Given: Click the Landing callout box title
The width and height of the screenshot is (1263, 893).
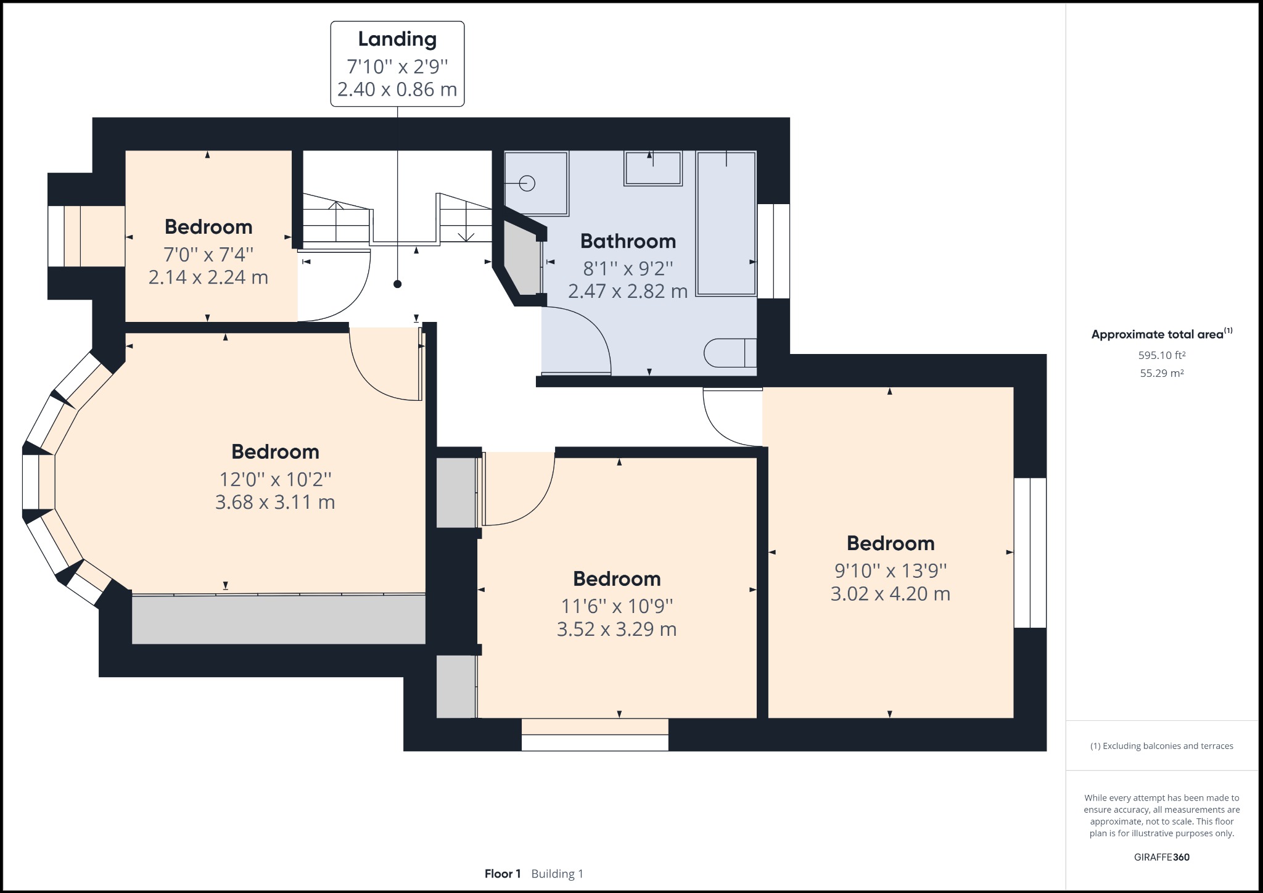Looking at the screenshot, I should pos(397,39).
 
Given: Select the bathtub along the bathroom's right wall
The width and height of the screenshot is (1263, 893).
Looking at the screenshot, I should pos(726,223).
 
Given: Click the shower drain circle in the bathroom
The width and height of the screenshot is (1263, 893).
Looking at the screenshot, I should pos(527,183).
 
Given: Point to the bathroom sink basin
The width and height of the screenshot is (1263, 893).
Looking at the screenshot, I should pos(652,168).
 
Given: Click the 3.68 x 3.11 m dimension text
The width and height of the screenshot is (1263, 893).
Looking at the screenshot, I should pos(275,502).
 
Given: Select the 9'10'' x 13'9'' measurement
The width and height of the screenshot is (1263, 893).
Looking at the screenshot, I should pos(890,570).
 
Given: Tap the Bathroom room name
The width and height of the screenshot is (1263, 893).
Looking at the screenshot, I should pos(628,241).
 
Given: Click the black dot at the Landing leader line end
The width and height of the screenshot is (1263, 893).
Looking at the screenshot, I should pos(398,284).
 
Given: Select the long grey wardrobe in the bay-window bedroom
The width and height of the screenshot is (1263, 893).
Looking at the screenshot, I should pos(278,619).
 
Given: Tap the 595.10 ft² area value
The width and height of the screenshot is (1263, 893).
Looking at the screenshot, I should pos(1162,355).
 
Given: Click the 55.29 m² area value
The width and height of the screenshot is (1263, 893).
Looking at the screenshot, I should pos(1162,373).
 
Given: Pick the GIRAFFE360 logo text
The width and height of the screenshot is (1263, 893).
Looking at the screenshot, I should pos(1162,857).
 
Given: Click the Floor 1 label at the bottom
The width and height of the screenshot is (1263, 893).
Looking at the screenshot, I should pos(503,874).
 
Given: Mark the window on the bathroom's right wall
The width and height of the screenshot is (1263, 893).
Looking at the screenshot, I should pos(773,251).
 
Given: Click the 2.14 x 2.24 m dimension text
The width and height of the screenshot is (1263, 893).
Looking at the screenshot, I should pos(208,277).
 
